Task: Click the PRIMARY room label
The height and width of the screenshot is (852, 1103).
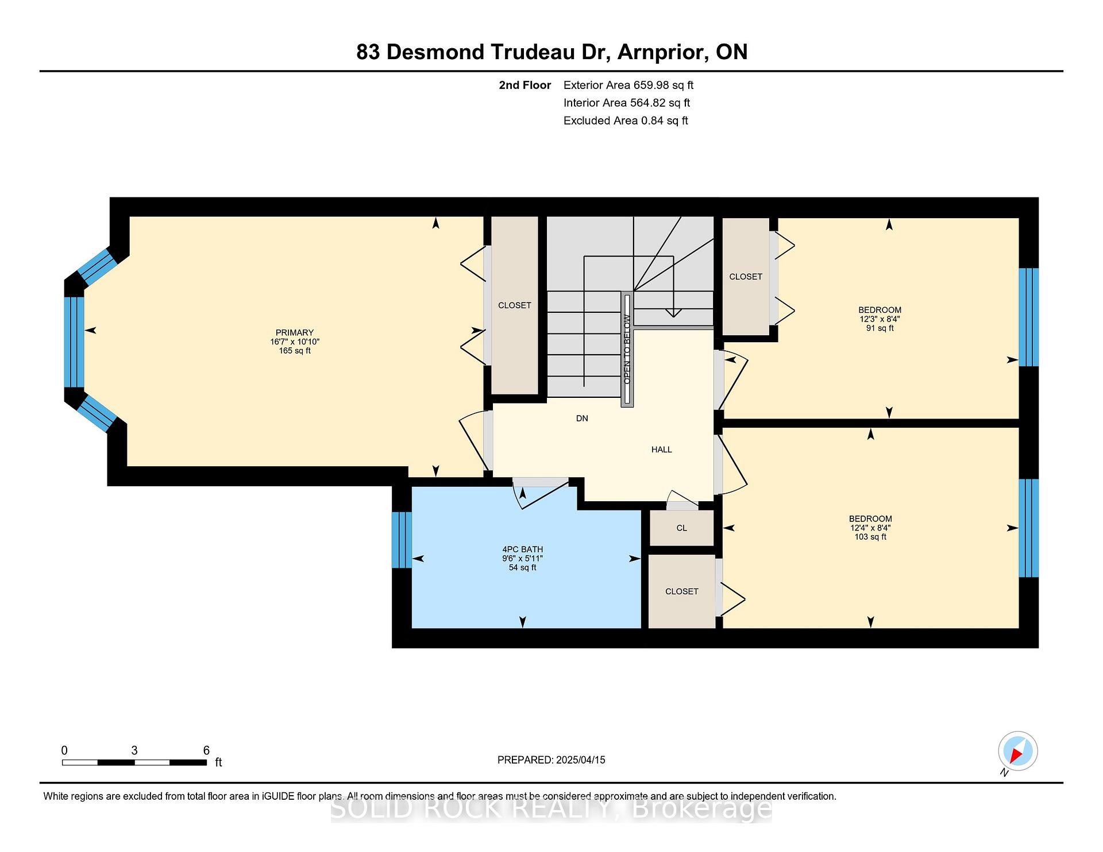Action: click(295, 332)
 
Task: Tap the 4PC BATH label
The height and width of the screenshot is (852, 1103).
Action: click(522, 549)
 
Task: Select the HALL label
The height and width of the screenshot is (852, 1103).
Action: click(661, 450)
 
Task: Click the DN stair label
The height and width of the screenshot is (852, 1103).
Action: click(582, 419)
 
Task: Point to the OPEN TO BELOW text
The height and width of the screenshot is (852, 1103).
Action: click(627, 350)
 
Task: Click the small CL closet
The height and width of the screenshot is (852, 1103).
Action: click(682, 528)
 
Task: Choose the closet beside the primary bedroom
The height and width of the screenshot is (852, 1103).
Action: click(515, 305)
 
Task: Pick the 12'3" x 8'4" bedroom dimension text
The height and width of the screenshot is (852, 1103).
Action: click(880, 319)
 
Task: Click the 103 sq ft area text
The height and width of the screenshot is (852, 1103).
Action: click(870, 537)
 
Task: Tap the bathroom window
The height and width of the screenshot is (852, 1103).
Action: click(402, 540)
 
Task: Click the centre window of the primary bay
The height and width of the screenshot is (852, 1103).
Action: click(74, 342)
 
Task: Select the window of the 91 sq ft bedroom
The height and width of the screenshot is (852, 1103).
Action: click(1028, 317)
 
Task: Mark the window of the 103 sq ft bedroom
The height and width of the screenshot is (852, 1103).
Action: click(1028, 528)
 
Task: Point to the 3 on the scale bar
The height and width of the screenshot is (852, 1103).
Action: click(134, 750)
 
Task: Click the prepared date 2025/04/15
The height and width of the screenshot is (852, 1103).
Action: click(580, 760)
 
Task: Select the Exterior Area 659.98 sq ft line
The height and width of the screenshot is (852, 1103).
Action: click(628, 86)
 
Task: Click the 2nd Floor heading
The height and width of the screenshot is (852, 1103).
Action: click(524, 86)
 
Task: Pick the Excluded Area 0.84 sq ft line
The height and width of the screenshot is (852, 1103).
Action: click(626, 121)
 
